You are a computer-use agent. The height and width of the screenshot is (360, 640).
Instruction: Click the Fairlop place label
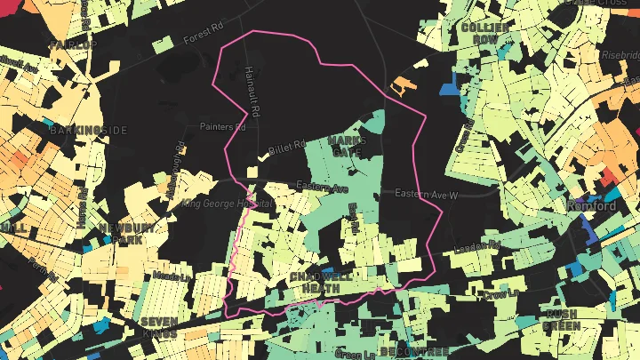tap(73, 44)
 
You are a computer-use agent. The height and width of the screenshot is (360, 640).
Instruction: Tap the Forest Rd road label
tap(201, 39)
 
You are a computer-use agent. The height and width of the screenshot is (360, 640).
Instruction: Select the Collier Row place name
tap(485, 34)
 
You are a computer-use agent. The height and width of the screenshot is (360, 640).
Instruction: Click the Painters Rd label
tap(221, 127)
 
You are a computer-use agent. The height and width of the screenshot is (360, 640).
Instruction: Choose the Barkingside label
tap(89, 131)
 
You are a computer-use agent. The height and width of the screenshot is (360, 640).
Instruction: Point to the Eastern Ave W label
tap(426, 194)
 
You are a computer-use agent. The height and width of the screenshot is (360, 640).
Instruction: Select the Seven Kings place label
tap(159, 327)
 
